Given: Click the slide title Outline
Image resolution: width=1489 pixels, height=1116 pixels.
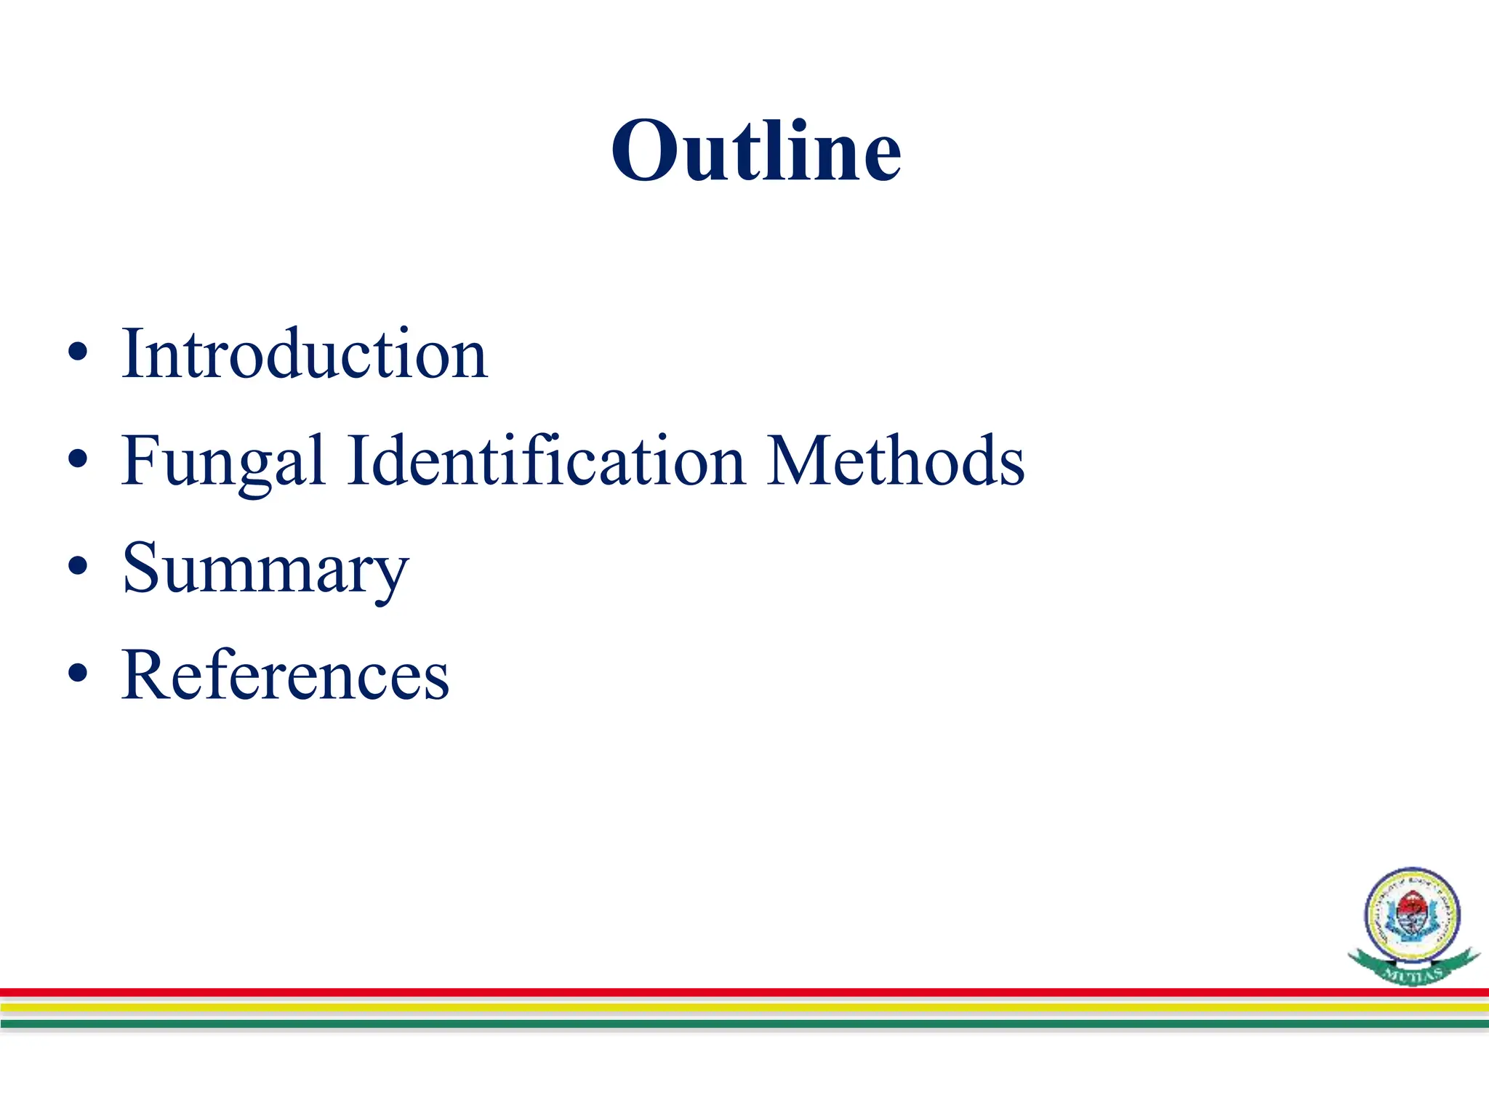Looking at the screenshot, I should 756,150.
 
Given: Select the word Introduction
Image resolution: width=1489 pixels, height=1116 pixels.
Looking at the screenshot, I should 305,354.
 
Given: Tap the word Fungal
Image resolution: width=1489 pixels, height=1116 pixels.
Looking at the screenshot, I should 222,462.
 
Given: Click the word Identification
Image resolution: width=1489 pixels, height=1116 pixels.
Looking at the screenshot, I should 546,461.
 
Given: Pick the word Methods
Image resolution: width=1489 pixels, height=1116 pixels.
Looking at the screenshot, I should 896,461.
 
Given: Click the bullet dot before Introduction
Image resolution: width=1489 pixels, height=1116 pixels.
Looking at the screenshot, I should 77,353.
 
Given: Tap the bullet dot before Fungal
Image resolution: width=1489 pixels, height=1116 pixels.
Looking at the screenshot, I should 77,460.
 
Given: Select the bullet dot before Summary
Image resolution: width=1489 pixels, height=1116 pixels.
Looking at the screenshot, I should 77,567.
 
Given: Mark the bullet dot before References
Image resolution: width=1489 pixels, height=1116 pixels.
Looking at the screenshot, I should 77,674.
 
